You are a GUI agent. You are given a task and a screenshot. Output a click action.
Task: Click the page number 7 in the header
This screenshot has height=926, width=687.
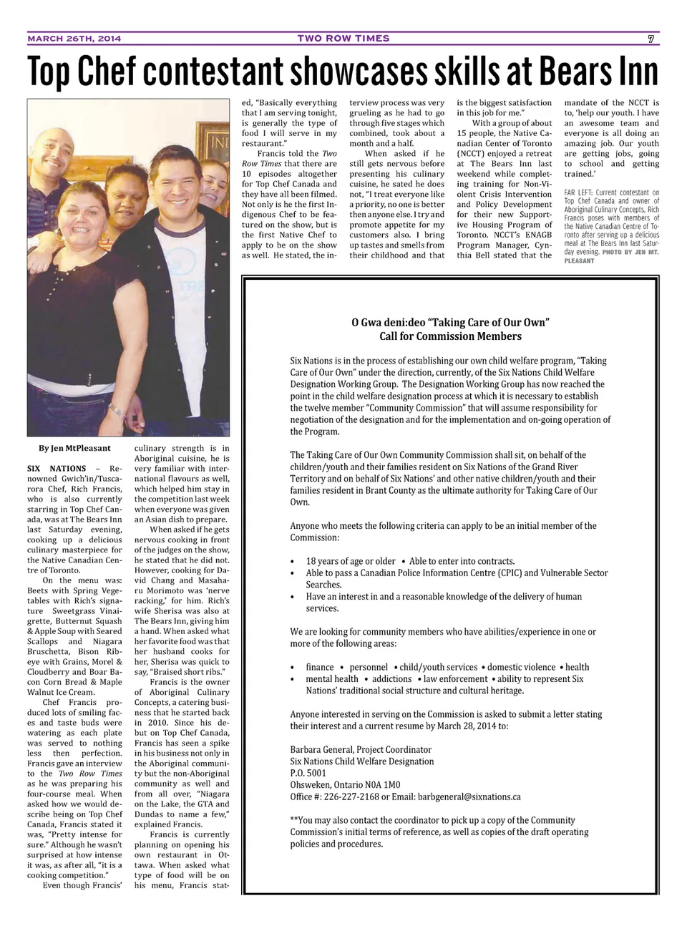[651, 39]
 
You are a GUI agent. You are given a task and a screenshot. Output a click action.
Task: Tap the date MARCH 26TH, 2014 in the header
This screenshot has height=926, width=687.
[74, 39]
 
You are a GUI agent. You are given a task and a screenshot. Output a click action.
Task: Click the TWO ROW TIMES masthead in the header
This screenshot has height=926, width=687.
[343, 39]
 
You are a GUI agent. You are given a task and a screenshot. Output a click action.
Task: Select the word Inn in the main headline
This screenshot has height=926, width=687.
[633, 72]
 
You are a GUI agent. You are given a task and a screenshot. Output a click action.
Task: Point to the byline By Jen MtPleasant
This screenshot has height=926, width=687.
[75, 449]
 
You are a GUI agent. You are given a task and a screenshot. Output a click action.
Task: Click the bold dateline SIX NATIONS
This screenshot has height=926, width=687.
[57, 469]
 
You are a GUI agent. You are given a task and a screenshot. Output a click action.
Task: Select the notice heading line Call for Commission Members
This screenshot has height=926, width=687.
[450, 336]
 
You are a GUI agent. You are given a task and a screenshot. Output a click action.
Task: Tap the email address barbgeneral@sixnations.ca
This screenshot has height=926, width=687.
[469, 796]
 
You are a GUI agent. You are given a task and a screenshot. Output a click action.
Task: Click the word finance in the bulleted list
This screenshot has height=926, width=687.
[319, 667]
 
